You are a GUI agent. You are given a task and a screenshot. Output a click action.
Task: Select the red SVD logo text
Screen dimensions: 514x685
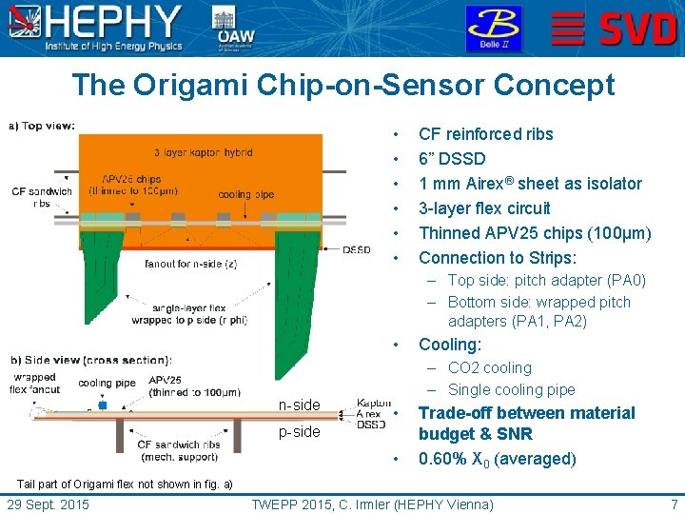point(638,30)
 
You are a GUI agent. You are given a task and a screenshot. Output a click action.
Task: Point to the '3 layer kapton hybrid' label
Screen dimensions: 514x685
point(202,152)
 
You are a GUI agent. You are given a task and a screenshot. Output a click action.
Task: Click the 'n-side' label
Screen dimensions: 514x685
point(299,405)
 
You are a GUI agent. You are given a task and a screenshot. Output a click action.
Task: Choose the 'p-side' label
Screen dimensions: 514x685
point(299,432)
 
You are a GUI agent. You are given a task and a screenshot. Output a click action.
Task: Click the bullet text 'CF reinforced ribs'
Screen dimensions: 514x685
point(485,134)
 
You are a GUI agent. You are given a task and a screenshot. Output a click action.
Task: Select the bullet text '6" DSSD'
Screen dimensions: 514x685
point(452,159)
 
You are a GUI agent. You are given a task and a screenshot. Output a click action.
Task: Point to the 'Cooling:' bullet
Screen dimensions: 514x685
point(450,345)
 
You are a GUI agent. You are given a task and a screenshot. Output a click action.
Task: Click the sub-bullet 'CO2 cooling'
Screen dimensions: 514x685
point(489,367)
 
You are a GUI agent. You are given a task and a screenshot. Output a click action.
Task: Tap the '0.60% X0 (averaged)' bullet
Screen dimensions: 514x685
point(497,459)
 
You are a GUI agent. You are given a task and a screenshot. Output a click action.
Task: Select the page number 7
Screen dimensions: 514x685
point(674,504)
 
